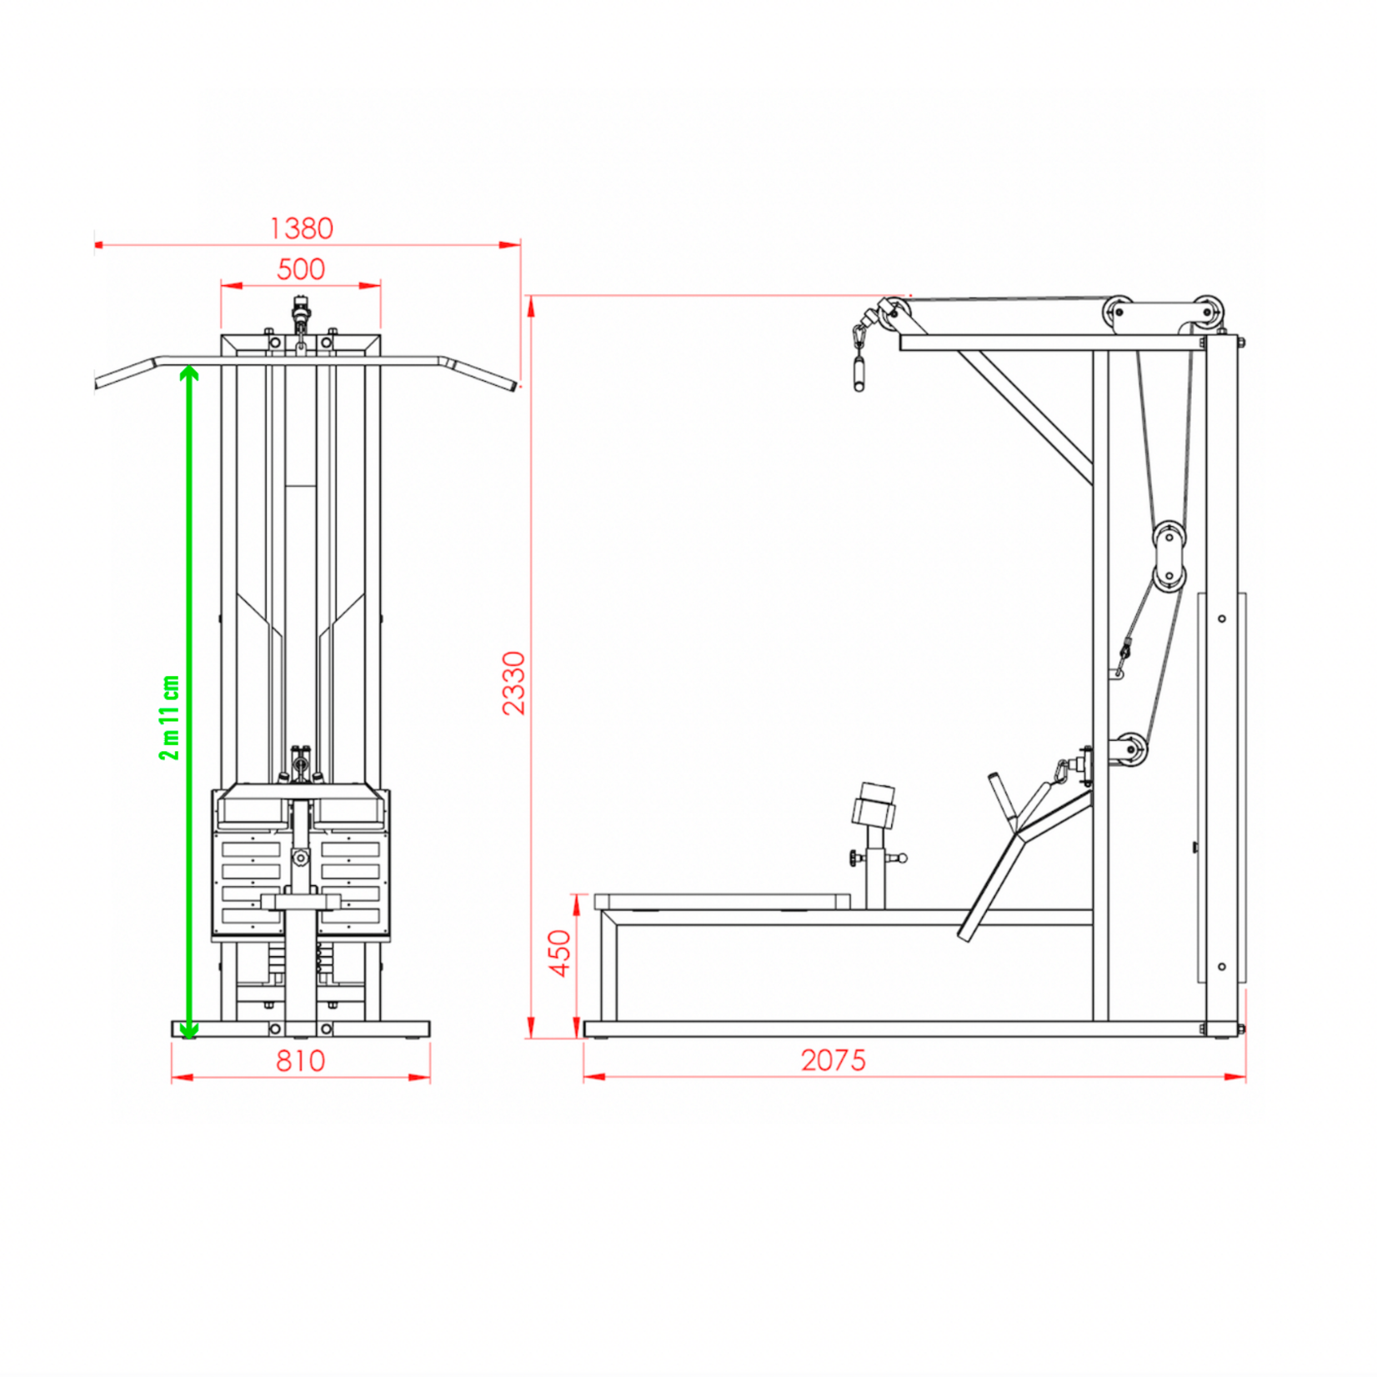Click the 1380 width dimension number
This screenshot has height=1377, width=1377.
(x=301, y=228)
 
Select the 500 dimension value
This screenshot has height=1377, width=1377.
(x=300, y=269)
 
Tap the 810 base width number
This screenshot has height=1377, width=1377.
(x=300, y=1061)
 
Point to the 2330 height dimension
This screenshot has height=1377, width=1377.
(x=514, y=683)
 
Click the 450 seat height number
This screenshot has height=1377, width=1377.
(x=560, y=953)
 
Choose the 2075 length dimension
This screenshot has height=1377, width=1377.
(x=834, y=1060)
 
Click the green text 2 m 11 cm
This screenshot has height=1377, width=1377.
(x=169, y=718)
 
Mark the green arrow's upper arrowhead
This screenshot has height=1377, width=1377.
(x=190, y=373)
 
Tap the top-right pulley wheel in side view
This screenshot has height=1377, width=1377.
(x=1208, y=313)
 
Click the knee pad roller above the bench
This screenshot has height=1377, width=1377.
(x=874, y=805)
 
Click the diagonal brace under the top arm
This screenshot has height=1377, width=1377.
(x=1025, y=417)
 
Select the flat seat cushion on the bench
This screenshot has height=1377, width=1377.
(x=722, y=902)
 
